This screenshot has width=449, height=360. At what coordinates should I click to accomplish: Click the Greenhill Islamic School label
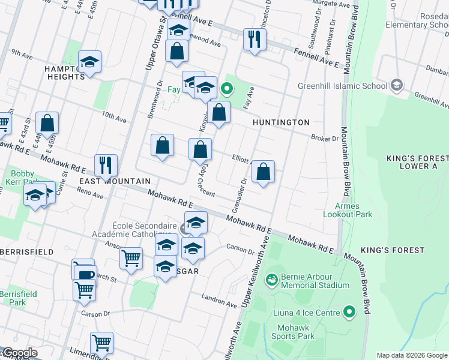click(x=343, y=85)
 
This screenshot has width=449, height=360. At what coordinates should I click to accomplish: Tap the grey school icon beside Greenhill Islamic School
click(x=396, y=85)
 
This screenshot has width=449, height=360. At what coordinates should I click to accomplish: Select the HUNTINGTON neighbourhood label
click(x=281, y=122)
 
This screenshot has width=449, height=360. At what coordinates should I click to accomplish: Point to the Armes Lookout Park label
click(x=348, y=210)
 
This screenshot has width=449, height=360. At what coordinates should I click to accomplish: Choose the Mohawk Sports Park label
click(x=297, y=332)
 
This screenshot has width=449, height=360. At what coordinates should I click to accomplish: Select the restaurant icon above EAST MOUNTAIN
click(x=106, y=166)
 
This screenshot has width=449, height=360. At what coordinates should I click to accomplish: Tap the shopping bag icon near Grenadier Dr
click(x=263, y=172)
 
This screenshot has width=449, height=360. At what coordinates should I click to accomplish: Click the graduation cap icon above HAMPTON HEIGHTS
click(x=89, y=62)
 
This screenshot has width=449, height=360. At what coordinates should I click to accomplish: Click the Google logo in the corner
click(x=19, y=353)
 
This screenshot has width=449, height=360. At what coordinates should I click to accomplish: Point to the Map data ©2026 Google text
click(x=412, y=355)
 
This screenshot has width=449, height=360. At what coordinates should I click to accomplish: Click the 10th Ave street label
click(x=113, y=116)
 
